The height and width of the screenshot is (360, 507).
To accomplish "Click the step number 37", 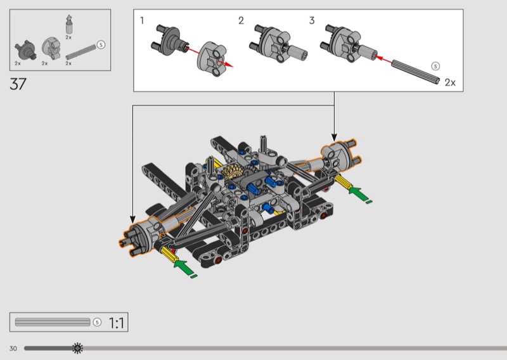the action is (x=18, y=84).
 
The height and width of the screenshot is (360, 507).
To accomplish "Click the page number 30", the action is (x=13, y=349).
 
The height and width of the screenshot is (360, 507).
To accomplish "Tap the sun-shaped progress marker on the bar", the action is (x=77, y=348).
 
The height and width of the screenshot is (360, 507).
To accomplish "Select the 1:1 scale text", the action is (x=116, y=323).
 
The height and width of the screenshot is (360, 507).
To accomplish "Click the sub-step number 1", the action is (x=142, y=21).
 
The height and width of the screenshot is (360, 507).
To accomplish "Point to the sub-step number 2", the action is (x=241, y=21).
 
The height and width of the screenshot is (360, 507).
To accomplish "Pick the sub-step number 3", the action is (x=312, y=21).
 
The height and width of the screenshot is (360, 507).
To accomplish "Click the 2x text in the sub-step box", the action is (x=450, y=82).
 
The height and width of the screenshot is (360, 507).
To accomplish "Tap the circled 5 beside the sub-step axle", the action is (x=435, y=67).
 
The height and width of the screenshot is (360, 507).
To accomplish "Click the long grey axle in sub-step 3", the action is (x=416, y=72).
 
